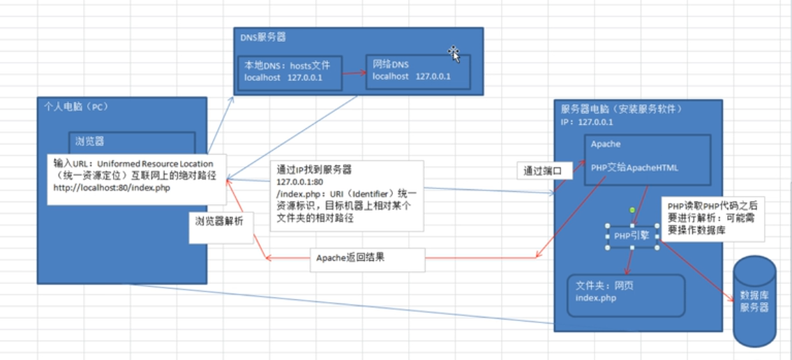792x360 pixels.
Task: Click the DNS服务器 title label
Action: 263,36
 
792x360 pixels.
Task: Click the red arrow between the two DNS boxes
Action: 354,72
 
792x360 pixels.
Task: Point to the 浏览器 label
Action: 89,141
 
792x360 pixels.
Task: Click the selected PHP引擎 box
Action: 632,236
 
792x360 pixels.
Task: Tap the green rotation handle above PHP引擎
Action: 632,209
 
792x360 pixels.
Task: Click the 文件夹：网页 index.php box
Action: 625,292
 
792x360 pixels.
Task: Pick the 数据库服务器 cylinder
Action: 754,301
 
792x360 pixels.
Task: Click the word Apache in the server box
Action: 605,144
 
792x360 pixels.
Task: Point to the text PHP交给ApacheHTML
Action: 634,167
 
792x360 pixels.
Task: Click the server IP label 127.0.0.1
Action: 596,122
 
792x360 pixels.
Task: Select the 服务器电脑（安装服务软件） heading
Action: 622,110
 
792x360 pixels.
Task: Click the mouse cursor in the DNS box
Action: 454,53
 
